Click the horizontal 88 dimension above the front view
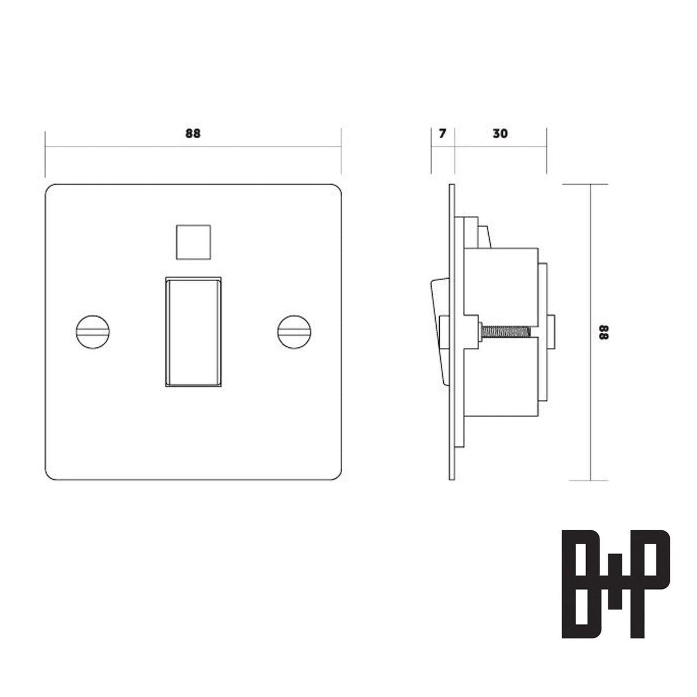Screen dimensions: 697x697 [193, 134]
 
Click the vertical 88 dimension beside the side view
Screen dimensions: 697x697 [604, 332]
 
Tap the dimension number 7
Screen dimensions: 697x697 [442, 134]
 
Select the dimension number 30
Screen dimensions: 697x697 [500, 134]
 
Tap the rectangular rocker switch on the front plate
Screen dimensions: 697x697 [192, 331]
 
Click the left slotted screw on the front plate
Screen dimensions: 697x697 [93, 332]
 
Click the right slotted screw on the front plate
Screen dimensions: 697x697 [294, 332]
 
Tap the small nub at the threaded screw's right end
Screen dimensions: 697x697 [551, 332]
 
